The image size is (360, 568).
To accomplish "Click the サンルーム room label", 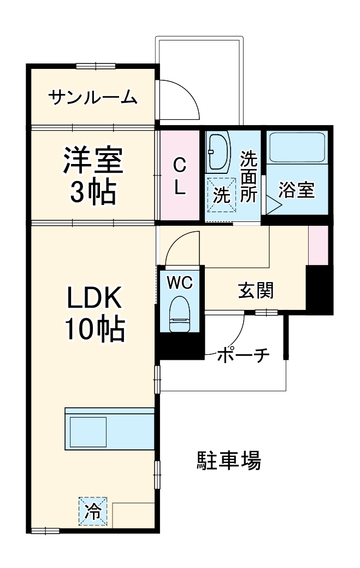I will pyautogui.click(x=92, y=98).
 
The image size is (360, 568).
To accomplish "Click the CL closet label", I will pyautogui.click(x=180, y=176).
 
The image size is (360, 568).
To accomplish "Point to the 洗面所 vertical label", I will pyautogui.click(x=249, y=177).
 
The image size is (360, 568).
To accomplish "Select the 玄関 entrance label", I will pyautogui.click(x=255, y=291).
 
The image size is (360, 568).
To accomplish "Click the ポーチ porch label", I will pyautogui.click(x=244, y=356).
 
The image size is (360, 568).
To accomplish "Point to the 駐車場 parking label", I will pyautogui.click(x=229, y=461).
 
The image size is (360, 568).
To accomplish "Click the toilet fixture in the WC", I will pyautogui.click(x=179, y=315).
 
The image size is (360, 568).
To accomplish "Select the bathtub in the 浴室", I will pyautogui.click(x=298, y=147).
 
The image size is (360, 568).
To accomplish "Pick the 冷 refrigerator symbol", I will pyautogui.click(x=93, y=512).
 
